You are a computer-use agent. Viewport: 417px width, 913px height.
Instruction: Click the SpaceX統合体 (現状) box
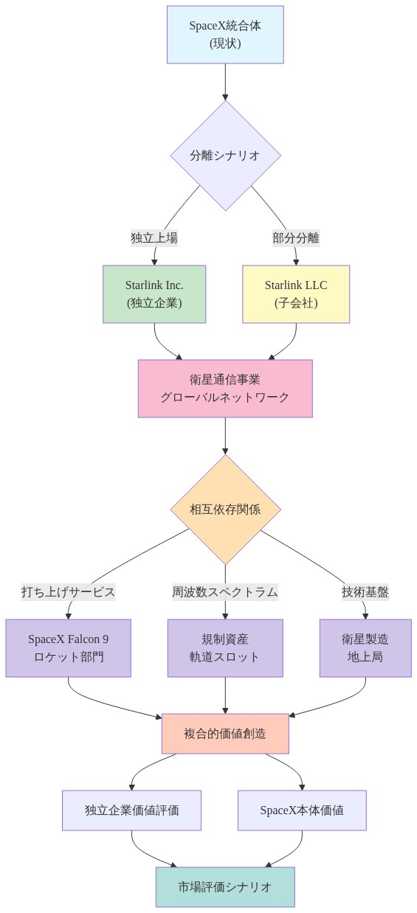tap(225, 35)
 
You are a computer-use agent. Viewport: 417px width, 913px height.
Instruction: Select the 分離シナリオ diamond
tap(225, 156)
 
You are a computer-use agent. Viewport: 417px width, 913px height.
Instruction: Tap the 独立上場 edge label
tap(154, 237)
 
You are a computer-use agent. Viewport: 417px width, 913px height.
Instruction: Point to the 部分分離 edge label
tap(295, 237)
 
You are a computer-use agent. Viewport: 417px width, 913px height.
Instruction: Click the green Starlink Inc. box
tap(154, 294)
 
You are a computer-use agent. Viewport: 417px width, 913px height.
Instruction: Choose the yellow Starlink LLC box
tap(296, 294)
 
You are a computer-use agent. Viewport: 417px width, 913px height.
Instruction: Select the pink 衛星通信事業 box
tap(225, 388)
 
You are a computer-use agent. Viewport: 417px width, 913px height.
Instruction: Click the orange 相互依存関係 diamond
tap(225, 509)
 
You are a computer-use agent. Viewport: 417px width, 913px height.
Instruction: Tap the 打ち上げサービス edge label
tap(68, 591)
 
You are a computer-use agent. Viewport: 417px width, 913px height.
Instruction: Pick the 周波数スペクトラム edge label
tap(225, 591)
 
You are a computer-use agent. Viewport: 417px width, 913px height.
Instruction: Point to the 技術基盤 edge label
tap(365, 591)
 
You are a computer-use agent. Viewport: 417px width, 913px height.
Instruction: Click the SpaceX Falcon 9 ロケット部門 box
tap(68, 648)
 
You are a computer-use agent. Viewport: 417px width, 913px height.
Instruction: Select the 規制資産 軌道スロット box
tap(225, 648)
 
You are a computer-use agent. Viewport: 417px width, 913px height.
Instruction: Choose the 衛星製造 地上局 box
tap(365, 648)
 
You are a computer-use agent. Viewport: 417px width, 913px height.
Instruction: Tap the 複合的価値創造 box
tap(225, 733)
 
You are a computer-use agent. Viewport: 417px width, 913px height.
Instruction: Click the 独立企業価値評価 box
tap(131, 810)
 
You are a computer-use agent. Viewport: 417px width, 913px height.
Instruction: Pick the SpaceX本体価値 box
tap(302, 810)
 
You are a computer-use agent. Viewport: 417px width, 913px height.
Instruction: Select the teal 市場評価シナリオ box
tap(225, 886)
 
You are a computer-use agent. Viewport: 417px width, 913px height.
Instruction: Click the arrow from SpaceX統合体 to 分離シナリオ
tap(225, 81)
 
